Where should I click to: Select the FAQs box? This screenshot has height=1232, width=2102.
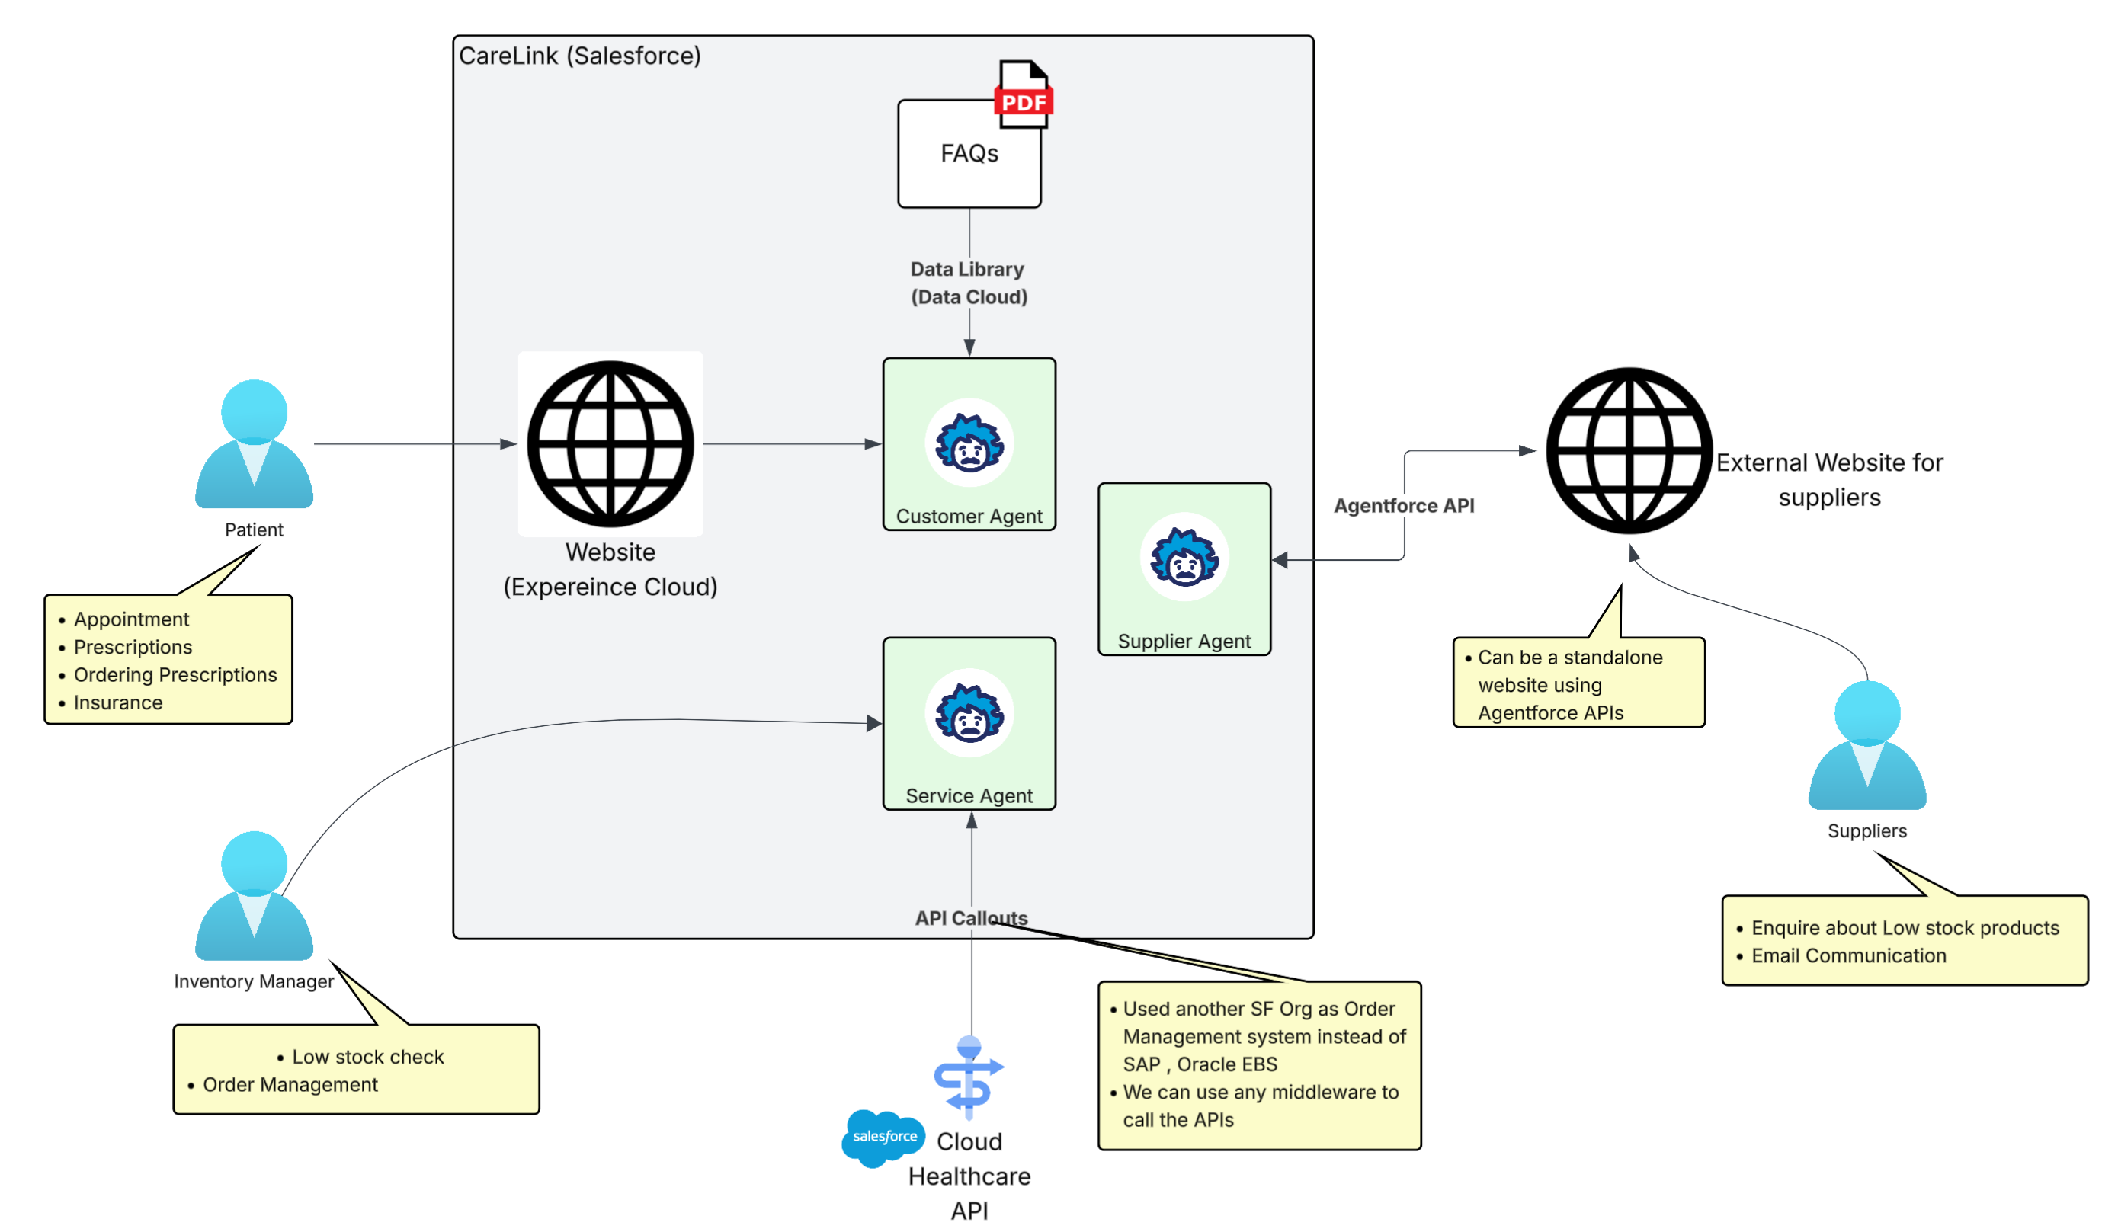pyautogui.click(x=969, y=155)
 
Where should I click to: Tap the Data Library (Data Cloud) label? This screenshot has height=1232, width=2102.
pyautogui.click(x=969, y=283)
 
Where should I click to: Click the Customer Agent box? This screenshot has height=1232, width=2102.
pyautogui.click(x=969, y=443)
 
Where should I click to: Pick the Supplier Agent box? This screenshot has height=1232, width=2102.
pyautogui.click(x=1184, y=569)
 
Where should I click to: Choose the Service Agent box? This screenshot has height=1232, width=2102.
pyautogui.click(x=969, y=723)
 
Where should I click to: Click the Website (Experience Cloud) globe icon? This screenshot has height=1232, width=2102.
pyautogui.click(x=610, y=443)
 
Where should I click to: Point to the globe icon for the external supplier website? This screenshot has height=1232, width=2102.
pyautogui.click(x=1629, y=450)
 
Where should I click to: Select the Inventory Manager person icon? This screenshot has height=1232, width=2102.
pyautogui.click(x=254, y=896)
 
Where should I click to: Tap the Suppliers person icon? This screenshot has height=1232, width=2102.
pyautogui.click(x=1866, y=745)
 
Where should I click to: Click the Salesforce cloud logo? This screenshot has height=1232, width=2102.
pyautogui.click(x=883, y=1137)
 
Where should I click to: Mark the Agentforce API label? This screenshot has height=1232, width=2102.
pyautogui.click(x=1404, y=505)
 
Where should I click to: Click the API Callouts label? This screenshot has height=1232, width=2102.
pyautogui.click(x=971, y=917)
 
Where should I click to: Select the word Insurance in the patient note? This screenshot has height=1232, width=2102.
pyautogui.click(x=118, y=702)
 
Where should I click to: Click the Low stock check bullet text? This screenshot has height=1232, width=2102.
pyautogui.click(x=368, y=1057)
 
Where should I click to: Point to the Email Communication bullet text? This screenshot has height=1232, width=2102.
pyautogui.click(x=1848, y=955)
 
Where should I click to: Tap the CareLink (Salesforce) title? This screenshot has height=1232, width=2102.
pyautogui.click(x=580, y=56)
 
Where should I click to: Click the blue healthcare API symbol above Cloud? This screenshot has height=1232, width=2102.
pyautogui.click(x=969, y=1076)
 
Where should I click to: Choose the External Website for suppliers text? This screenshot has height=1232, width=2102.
pyautogui.click(x=1829, y=480)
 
